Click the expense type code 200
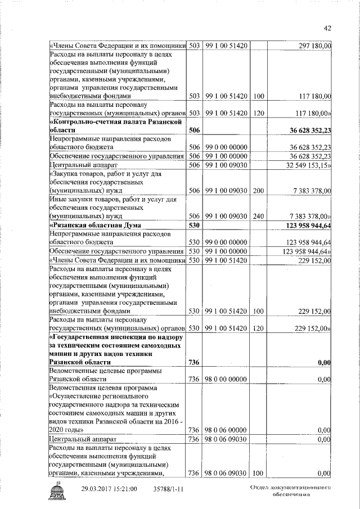click(x=259, y=192)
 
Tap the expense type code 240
click(x=259, y=216)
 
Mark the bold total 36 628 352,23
click(x=308, y=130)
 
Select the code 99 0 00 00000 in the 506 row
click(x=227, y=147)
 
